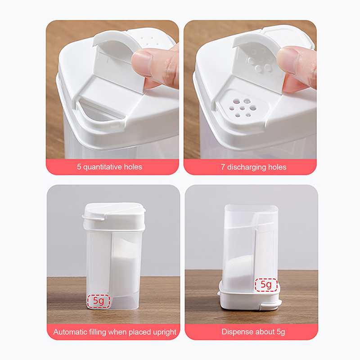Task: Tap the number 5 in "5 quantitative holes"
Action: point(79,166)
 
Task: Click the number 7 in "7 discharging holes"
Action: point(223,167)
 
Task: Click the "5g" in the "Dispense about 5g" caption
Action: point(281,332)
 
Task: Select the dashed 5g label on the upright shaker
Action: point(99,301)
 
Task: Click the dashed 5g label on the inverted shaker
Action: point(266,285)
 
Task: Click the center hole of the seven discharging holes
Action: point(243,108)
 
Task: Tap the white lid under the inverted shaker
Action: point(250,298)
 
